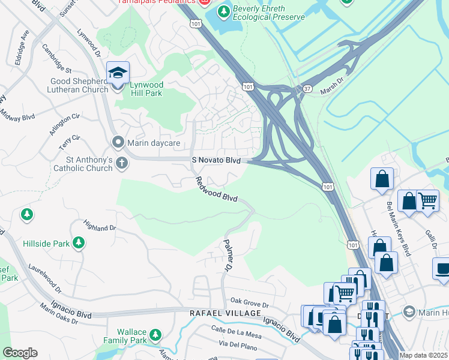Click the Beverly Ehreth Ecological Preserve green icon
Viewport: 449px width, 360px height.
(224, 11)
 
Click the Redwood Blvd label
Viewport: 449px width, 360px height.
(215, 189)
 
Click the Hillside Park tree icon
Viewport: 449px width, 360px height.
(78, 242)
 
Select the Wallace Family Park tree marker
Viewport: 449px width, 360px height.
(155, 334)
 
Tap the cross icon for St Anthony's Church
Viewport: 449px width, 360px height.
(122, 163)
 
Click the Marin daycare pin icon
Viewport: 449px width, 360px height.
(118, 142)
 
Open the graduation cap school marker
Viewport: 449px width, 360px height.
(118, 73)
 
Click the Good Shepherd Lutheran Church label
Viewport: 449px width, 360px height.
(71, 85)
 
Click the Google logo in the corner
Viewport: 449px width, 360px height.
(20, 353)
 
